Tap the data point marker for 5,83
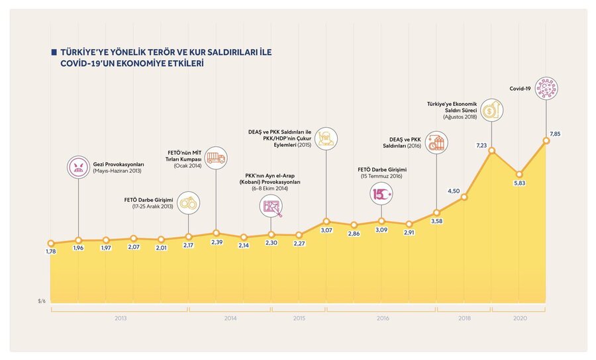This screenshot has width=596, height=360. (519, 175)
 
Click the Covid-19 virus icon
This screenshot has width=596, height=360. (547, 88)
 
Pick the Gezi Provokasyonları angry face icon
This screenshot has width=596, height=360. (79, 167)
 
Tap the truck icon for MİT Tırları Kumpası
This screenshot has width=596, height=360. (216, 158)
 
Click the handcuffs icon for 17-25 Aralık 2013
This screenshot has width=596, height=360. (189, 202)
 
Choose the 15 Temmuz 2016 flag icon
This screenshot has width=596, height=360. (381, 194)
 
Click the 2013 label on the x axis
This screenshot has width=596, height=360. (120, 319)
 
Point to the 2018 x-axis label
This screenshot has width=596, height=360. (464, 319)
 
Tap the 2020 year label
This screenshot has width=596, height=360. (520, 319)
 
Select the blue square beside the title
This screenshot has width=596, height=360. (54, 51)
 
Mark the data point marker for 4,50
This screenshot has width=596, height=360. (464, 197)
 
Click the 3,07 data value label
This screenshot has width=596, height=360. (326, 230)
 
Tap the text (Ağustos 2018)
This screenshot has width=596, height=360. (460, 117)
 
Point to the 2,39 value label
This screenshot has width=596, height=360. (217, 242)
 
